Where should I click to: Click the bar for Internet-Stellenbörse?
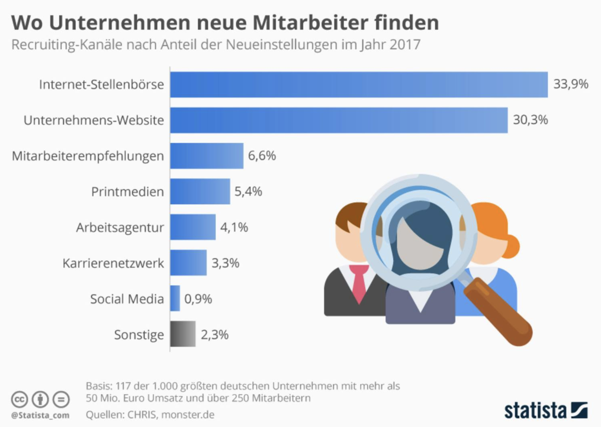[x=359, y=85]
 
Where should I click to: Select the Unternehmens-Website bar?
[x=339, y=120]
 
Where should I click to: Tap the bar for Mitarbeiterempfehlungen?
[x=207, y=156]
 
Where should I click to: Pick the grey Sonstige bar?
[x=183, y=334]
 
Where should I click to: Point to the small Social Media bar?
[x=175, y=298]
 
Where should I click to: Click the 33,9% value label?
[x=571, y=84]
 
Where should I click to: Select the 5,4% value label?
[x=248, y=192]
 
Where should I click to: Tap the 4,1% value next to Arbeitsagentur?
[x=234, y=227]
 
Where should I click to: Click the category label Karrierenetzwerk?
[x=113, y=263]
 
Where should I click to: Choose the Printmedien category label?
[x=127, y=192]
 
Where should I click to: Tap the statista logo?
[x=546, y=411]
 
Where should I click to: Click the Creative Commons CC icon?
[x=19, y=399]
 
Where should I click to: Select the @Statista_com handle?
[x=40, y=416]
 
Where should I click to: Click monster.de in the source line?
[x=188, y=414]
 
